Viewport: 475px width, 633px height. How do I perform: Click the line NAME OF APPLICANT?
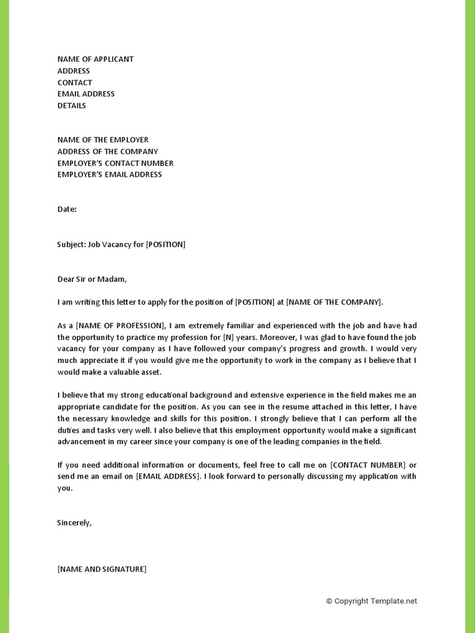pos(95,59)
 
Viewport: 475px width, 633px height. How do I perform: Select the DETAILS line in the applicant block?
pos(72,106)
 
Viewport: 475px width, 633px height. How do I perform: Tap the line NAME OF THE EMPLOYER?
pos(103,140)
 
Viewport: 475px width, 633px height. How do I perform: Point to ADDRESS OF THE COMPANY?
pos(108,151)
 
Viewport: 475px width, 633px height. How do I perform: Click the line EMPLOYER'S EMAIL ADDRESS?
pos(109,174)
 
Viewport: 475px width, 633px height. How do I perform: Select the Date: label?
pos(67,209)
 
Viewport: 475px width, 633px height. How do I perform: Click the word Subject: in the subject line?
pos(71,244)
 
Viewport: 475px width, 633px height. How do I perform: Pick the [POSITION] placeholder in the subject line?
pos(165,244)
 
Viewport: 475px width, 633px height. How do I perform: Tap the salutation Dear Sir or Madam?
pos(92,279)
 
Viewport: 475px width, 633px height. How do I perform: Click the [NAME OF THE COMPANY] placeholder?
pos(334,302)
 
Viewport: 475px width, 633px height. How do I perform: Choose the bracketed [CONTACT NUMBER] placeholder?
pos(368,465)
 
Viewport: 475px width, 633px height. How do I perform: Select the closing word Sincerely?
pos(74,523)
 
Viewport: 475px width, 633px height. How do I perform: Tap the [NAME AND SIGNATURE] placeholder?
pos(101,569)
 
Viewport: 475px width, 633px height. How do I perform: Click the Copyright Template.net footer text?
pos(372,601)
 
